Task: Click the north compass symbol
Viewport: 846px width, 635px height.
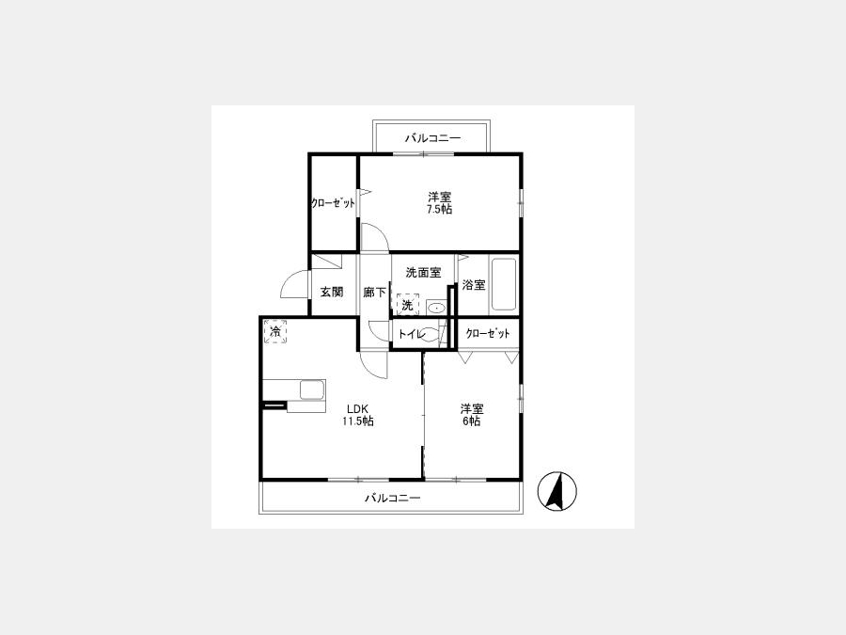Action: (x=556, y=491)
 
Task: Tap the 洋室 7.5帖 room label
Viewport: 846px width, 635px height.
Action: (x=439, y=203)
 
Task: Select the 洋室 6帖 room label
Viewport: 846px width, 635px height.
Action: (x=472, y=415)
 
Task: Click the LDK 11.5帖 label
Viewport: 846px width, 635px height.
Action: (x=358, y=415)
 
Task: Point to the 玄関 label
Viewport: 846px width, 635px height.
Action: (x=331, y=293)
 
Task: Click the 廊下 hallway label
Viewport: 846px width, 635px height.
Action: (x=374, y=293)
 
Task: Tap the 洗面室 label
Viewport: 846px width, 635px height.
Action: (x=424, y=273)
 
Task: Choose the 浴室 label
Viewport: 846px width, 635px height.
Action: (x=475, y=285)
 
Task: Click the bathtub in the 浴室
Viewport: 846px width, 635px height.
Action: (x=504, y=285)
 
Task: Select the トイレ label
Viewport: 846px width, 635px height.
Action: (x=413, y=334)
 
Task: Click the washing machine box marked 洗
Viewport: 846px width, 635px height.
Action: (x=408, y=304)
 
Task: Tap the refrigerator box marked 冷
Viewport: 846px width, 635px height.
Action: (x=275, y=331)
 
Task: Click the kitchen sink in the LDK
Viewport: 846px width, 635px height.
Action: (x=312, y=389)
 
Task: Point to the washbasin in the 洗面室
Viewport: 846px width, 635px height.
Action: (x=436, y=309)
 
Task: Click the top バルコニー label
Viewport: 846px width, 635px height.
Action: (x=432, y=139)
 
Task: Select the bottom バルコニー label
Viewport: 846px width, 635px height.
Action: (x=392, y=498)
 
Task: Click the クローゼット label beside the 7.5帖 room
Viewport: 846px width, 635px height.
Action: (x=333, y=203)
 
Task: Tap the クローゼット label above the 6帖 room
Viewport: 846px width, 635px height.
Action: (x=487, y=333)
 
